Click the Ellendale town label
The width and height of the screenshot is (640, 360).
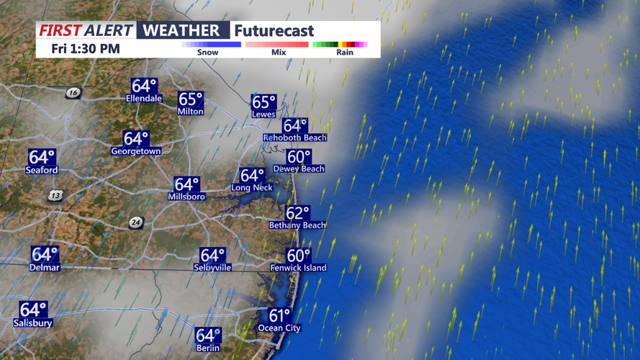(144, 98)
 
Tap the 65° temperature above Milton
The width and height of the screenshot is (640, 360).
(191, 99)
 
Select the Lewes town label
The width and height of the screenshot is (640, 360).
(263, 114)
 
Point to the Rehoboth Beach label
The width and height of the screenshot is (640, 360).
(294, 138)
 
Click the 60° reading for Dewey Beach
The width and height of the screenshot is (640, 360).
(299, 157)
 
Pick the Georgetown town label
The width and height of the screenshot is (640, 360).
(135, 151)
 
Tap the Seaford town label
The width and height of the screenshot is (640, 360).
(42, 171)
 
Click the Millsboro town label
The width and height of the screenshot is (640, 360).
(186, 197)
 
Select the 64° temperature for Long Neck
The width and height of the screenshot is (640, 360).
(252, 176)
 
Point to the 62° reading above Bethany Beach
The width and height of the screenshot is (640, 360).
(297, 213)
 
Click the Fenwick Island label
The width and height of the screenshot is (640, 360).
(298, 268)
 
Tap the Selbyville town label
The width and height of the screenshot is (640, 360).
(212, 267)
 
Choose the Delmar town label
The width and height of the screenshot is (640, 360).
(45, 268)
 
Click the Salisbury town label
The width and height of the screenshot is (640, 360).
(32, 323)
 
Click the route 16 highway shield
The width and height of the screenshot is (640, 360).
(73, 93)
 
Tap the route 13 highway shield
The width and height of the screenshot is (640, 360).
(56, 195)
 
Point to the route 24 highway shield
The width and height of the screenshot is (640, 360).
(136, 222)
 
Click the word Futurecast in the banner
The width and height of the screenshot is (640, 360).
(274, 31)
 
